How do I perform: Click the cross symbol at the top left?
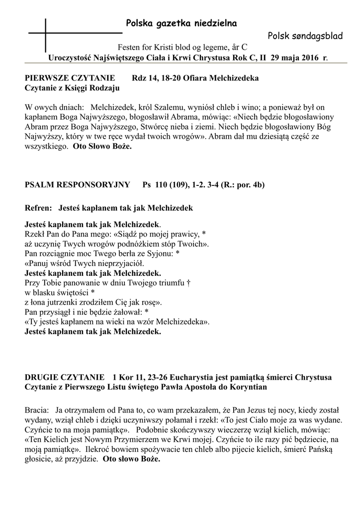click(x=45, y=33)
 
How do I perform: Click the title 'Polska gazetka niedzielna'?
click(x=174, y=23)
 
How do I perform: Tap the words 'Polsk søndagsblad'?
click(x=298, y=35)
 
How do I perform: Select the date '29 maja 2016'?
click(x=295, y=58)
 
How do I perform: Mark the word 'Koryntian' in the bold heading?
click(x=250, y=387)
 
